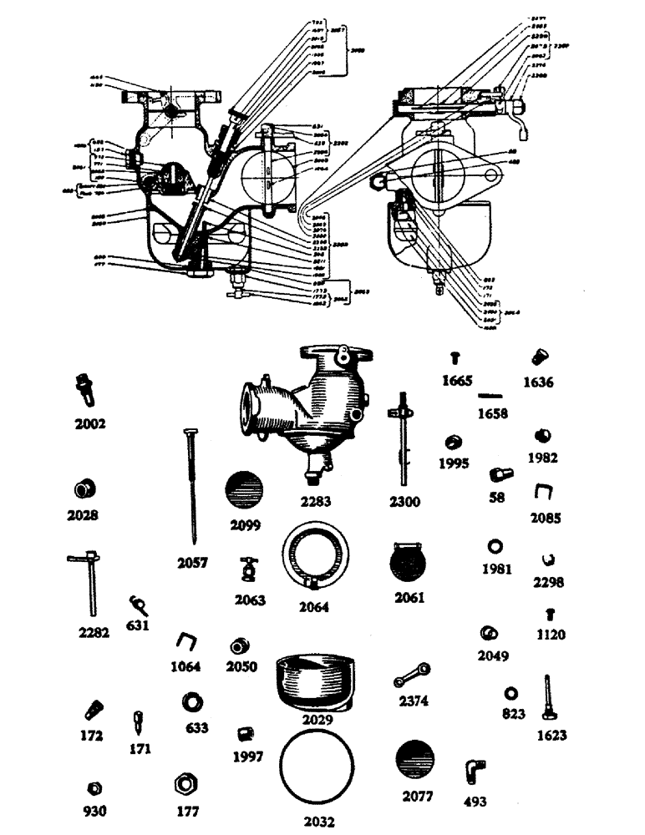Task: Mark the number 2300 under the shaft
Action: pos(404,503)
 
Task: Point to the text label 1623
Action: pos(552,736)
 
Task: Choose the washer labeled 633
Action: pos(195,701)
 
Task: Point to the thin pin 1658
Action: pos(491,395)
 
